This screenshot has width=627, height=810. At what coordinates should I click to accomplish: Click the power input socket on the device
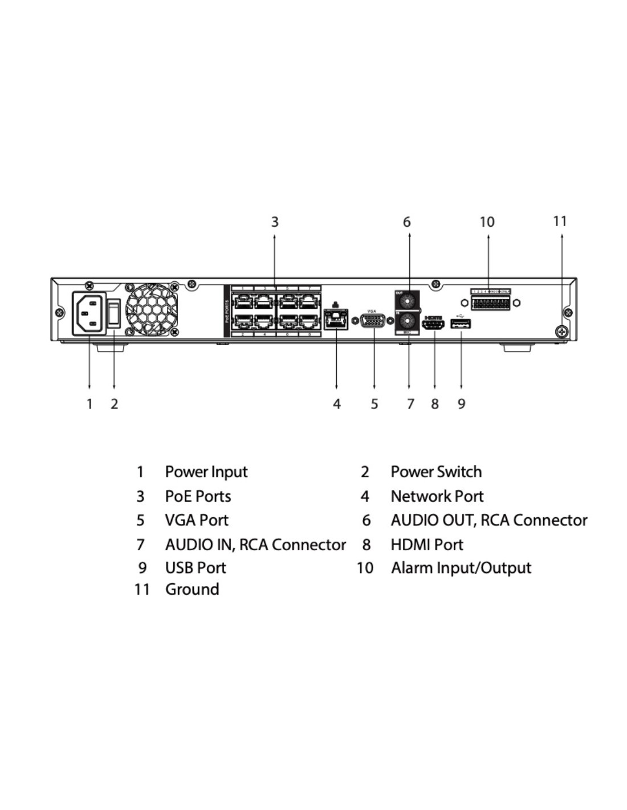(x=89, y=313)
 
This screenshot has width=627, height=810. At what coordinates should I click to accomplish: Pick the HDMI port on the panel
(x=434, y=325)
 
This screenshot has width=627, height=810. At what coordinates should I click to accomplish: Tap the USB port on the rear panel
(x=461, y=325)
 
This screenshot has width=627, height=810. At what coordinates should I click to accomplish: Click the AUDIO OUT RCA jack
(x=407, y=300)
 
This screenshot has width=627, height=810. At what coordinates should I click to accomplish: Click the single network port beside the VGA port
(x=336, y=320)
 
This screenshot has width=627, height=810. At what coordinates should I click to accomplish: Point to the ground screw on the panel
(x=561, y=331)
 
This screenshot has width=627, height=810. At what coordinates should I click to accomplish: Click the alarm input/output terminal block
(x=490, y=302)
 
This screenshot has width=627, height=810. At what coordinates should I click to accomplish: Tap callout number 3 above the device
(x=275, y=222)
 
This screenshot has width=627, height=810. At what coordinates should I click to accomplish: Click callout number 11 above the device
(x=560, y=221)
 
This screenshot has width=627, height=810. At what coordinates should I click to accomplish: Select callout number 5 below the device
(x=374, y=404)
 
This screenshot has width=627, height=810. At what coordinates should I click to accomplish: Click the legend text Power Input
(x=206, y=472)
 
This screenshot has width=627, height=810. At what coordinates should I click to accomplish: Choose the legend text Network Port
(x=437, y=496)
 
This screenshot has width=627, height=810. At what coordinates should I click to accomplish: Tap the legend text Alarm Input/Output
(x=461, y=568)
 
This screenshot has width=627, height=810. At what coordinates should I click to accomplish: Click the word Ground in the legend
(x=192, y=589)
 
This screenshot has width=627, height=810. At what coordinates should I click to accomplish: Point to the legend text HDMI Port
(x=427, y=545)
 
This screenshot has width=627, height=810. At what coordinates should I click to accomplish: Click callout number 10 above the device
(x=487, y=222)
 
